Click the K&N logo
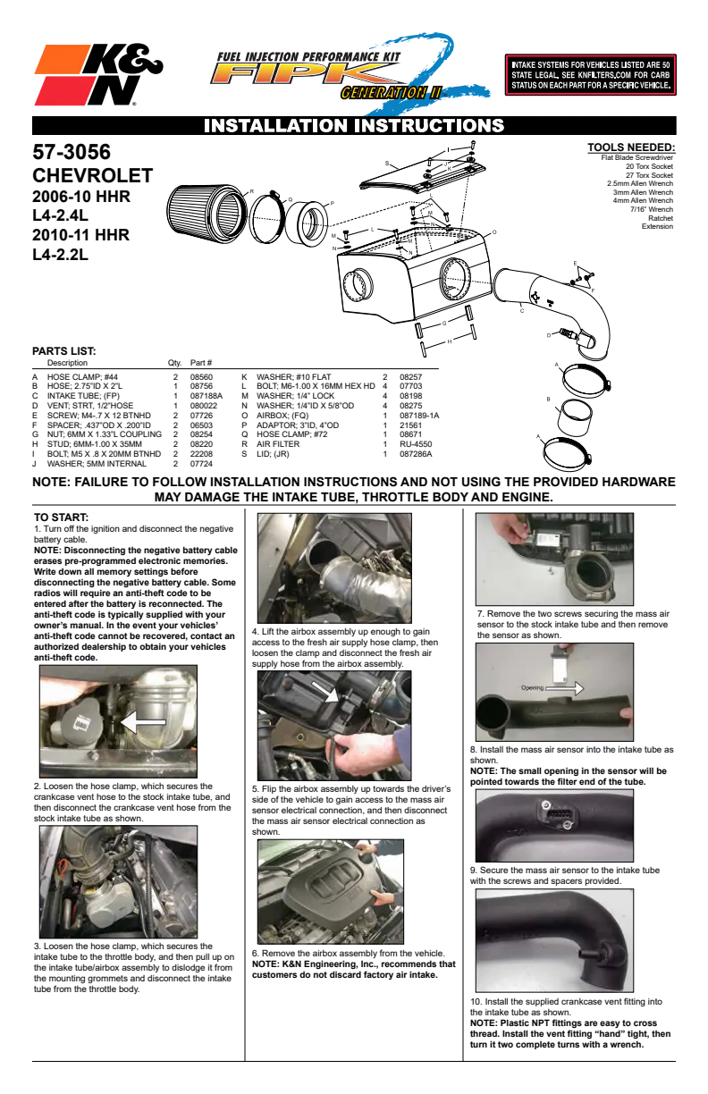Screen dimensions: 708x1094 tap(98, 75)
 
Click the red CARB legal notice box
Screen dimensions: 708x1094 tap(590, 75)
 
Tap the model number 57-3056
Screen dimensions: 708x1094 tap(72, 152)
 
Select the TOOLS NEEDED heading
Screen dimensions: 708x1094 tap(631, 147)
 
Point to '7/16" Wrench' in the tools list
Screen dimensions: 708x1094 tap(652, 209)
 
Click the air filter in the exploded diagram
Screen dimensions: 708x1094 tap(206, 213)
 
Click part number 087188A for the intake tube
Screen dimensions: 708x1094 tap(206, 396)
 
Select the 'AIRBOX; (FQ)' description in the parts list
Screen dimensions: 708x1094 tap(282, 416)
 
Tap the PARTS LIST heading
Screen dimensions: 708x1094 tap(64, 351)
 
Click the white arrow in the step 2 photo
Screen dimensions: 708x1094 tap(144, 722)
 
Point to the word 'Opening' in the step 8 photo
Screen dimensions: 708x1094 tap(532, 687)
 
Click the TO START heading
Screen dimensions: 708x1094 tap(61, 518)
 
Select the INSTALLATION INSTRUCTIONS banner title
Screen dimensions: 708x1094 tap(354, 125)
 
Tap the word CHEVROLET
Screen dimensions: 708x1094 tap(92, 176)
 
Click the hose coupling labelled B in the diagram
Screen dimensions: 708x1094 tap(575, 417)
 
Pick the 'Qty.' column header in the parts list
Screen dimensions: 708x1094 tap(174, 363)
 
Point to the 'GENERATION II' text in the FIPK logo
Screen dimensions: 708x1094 tap(391, 92)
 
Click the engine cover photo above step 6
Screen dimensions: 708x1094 tap(331, 892)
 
